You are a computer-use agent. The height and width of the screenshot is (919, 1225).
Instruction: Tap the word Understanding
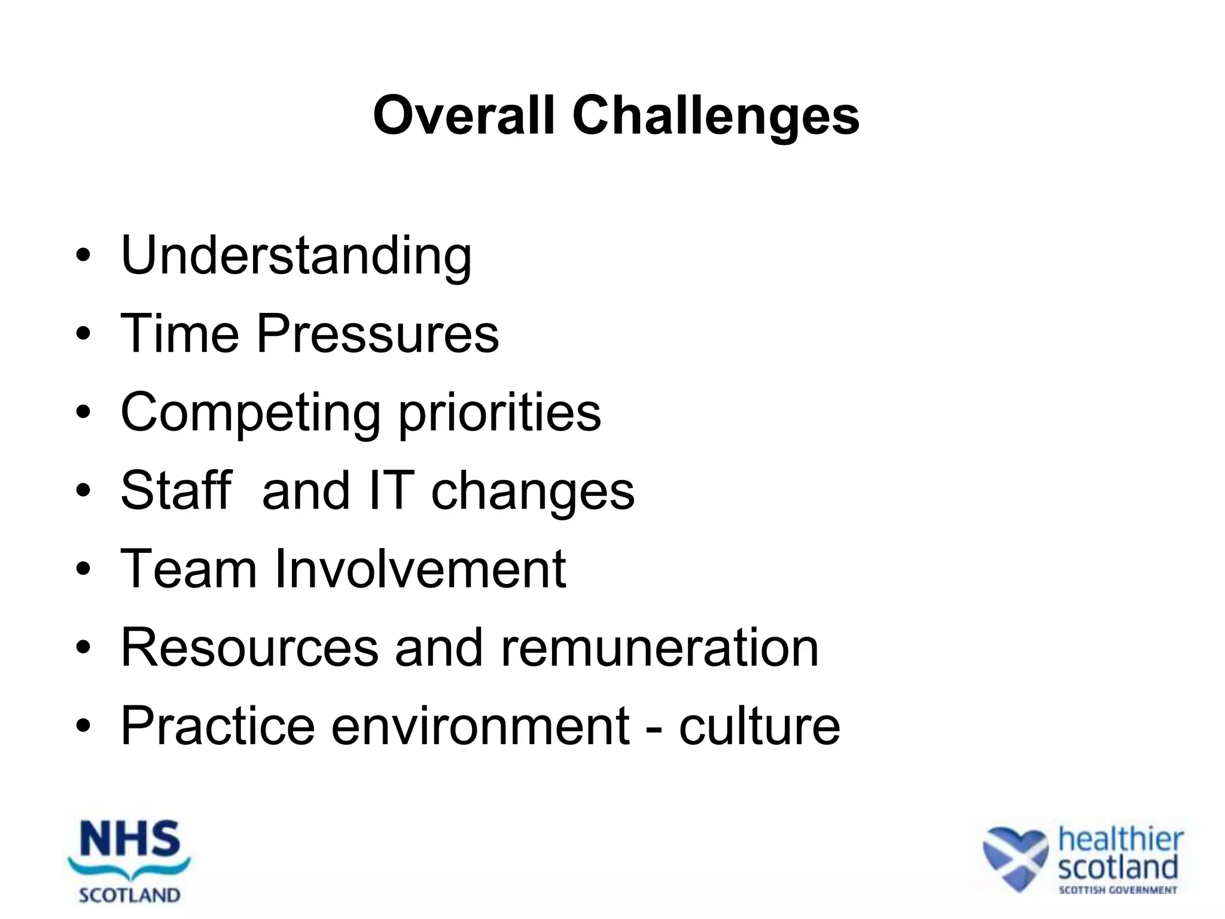pos(296,256)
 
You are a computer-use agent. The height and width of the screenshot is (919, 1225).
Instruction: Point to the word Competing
pos(250,413)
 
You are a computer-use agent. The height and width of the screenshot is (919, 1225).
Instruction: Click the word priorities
pos(499,413)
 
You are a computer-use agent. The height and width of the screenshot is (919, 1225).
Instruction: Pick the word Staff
pos(176,491)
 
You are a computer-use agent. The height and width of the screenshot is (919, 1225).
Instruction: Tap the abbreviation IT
pos(392,491)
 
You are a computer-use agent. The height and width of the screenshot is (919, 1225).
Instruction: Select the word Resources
pos(249,647)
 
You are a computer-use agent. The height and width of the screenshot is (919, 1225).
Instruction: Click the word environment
pos(480,726)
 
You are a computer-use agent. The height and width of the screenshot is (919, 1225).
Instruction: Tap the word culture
pos(760,726)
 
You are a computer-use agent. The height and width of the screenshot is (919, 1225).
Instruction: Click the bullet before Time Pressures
pos(84,334)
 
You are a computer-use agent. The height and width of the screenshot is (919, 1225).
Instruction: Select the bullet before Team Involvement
pos(84,570)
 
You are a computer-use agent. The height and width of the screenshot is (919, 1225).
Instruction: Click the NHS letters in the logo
pos(130,839)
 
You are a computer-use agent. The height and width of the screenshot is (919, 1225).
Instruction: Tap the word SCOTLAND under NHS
pos(130,896)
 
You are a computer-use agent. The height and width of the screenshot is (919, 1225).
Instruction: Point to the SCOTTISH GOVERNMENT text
pos(1117,890)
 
